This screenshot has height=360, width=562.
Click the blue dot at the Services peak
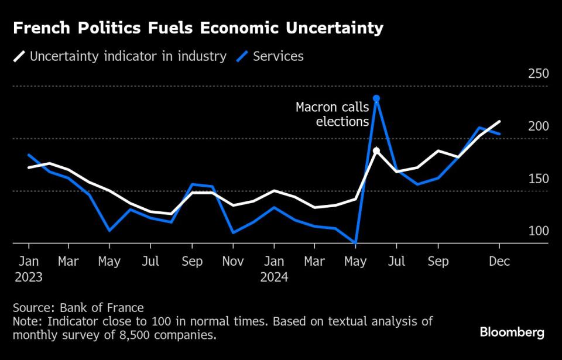click(x=376, y=98)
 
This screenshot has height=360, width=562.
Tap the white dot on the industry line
click(x=376, y=150)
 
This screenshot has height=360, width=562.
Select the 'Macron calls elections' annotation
click(x=332, y=114)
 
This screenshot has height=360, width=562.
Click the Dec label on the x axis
click(x=499, y=262)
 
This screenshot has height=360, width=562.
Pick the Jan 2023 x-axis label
click(x=28, y=269)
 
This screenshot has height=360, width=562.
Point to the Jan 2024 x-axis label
click(x=274, y=269)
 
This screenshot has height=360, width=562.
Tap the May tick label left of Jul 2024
click(x=355, y=262)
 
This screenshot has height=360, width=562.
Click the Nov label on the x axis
click(x=233, y=262)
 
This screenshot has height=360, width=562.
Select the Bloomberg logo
click(x=512, y=332)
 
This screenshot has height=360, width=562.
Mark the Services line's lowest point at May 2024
click(x=355, y=242)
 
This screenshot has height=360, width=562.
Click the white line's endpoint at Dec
click(x=499, y=122)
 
